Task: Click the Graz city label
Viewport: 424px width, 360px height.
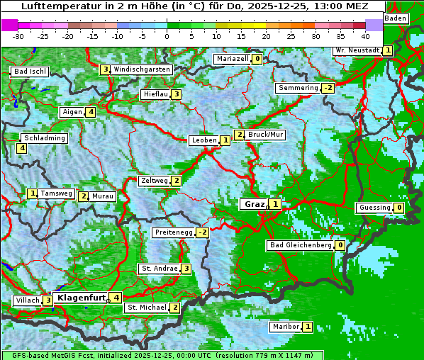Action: (252, 204)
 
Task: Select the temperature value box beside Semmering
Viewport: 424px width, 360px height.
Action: (327, 88)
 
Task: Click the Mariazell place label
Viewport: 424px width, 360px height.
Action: (232, 59)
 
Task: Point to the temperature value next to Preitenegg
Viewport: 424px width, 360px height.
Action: (203, 232)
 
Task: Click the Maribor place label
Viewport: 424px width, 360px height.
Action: (285, 327)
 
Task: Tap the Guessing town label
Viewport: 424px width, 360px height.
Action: (374, 208)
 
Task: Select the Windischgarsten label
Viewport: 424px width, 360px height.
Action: (142, 69)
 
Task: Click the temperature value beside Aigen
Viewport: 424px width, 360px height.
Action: (91, 112)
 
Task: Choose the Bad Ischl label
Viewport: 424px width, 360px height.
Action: (30, 72)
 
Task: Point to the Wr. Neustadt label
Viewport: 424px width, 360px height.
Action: (357, 50)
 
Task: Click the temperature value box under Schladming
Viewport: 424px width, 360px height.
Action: (22, 148)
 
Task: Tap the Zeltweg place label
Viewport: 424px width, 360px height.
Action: (155, 181)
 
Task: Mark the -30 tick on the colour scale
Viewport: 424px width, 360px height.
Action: (18, 35)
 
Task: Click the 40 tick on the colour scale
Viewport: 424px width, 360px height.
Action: (365, 35)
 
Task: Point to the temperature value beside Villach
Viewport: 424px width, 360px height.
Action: (48, 300)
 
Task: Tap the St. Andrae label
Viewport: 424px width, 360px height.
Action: (159, 269)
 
